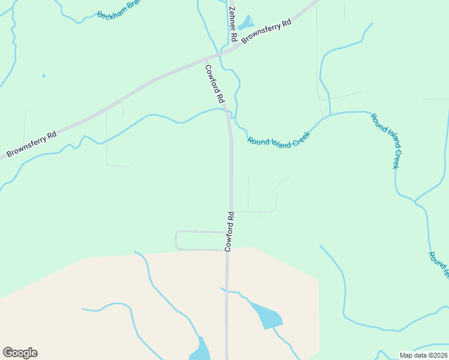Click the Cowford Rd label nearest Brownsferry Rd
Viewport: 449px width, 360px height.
214,83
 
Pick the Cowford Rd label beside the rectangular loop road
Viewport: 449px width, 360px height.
229,231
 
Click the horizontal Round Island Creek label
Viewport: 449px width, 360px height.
279,140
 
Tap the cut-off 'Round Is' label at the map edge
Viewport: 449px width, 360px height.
438,264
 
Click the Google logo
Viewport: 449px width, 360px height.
20,353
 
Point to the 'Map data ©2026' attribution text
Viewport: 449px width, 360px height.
423,355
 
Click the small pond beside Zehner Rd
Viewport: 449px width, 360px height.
245,24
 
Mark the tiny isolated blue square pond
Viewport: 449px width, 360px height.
43,76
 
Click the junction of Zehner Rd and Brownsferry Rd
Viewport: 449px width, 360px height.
234,47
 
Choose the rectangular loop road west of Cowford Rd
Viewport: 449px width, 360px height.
176,240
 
